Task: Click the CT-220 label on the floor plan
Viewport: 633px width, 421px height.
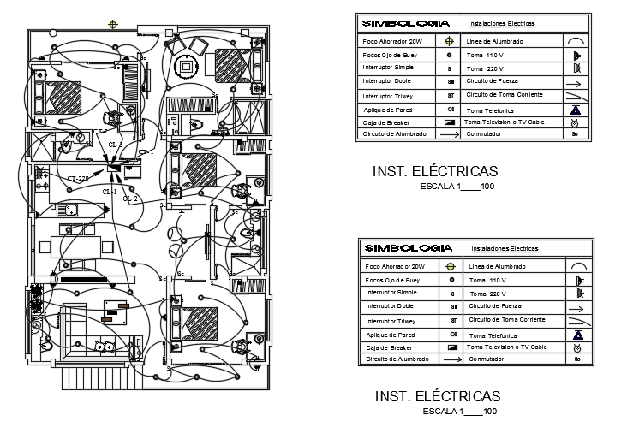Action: click(x=78, y=178)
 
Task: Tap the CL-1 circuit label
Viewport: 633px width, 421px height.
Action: click(x=110, y=190)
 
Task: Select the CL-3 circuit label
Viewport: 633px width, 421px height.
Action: click(x=115, y=145)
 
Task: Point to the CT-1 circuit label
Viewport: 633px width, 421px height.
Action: click(x=146, y=152)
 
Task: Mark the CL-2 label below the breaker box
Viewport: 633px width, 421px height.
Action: click(x=130, y=199)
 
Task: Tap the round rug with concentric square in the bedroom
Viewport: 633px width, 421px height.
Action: click(x=184, y=66)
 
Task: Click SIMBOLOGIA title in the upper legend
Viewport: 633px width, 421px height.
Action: click(x=400, y=24)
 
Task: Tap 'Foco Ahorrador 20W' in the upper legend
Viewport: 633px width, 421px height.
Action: click(x=393, y=41)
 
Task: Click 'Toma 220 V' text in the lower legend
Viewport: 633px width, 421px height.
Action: click(x=487, y=294)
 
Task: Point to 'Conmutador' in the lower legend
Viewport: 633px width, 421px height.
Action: click(x=486, y=359)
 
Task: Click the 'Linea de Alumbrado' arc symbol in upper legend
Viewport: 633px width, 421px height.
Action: click(x=576, y=40)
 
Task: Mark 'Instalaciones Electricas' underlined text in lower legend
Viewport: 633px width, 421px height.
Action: click(x=505, y=249)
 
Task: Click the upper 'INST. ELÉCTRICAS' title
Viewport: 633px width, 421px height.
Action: click(x=435, y=171)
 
